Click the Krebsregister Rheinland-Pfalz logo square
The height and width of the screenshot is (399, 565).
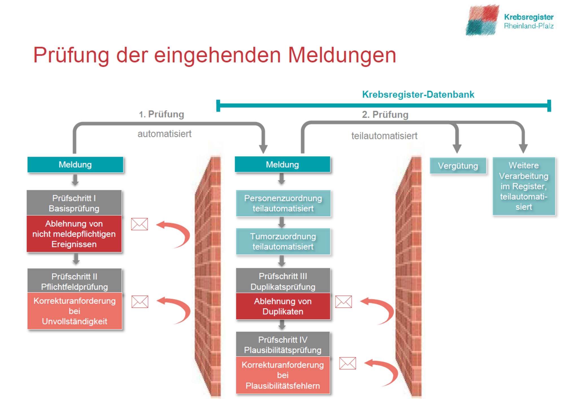click(482, 20)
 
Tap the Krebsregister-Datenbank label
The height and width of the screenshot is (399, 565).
click(418, 94)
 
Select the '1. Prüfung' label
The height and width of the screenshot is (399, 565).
click(161, 114)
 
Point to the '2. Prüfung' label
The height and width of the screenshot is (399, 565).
click(385, 115)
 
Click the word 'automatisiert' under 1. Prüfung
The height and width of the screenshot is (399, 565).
click(164, 134)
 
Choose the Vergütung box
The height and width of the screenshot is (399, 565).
click(458, 166)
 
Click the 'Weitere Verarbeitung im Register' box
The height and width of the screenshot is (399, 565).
click(524, 186)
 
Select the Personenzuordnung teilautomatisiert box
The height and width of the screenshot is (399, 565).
click(283, 203)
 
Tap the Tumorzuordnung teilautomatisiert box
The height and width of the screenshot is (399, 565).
click(283, 241)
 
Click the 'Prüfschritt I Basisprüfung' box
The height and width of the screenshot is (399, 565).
click(74, 203)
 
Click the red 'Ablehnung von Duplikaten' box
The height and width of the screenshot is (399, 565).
click(283, 306)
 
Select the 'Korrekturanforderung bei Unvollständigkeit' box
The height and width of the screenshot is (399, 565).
click(75, 311)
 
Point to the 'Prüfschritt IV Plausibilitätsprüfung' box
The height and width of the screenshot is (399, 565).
click(283, 344)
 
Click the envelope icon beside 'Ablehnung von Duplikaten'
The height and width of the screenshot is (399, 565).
click(344, 302)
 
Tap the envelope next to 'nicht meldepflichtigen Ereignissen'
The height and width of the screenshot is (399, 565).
click(140, 224)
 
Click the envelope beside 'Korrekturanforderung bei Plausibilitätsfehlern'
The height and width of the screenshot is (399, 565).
click(347, 363)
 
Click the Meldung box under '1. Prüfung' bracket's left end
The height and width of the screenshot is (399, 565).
click(75, 165)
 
